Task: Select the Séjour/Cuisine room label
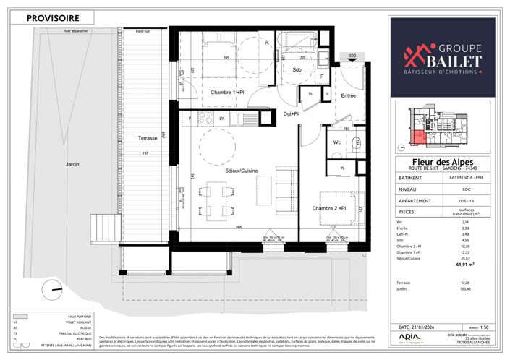click(237, 171)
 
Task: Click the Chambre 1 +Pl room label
click(228, 93)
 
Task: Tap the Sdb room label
click(297, 70)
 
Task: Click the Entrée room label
click(349, 95)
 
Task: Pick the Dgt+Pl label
click(292, 113)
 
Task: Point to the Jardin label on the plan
click(70, 164)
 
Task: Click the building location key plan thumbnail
click(442, 127)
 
